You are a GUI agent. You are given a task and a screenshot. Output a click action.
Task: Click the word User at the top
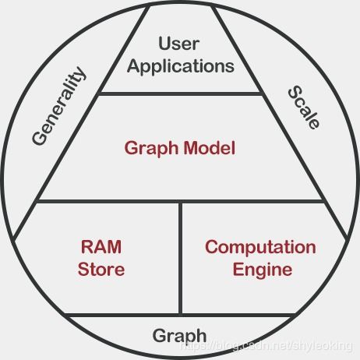pos(180,43)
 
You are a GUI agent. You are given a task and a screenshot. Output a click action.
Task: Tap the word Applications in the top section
pos(180,65)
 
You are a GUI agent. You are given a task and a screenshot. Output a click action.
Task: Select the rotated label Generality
pos(59,105)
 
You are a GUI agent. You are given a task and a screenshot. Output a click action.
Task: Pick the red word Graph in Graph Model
pos(151,148)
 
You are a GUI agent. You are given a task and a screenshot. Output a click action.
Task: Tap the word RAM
pos(101,248)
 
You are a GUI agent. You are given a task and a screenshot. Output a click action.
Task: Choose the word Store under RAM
pos(101,270)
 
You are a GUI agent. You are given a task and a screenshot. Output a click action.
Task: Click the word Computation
pos(260,248)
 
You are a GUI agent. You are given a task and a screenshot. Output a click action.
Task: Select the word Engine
pos(260,270)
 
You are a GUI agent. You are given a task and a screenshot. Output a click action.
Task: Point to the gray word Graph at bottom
pos(180,336)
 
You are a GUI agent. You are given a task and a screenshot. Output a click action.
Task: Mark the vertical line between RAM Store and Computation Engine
pos(181,257)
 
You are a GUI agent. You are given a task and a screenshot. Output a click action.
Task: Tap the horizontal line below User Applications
pos(180,93)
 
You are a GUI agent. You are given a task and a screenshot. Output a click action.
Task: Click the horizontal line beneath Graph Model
pos(180,202)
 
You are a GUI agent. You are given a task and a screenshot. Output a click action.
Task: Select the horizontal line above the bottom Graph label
pos(180,316)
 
